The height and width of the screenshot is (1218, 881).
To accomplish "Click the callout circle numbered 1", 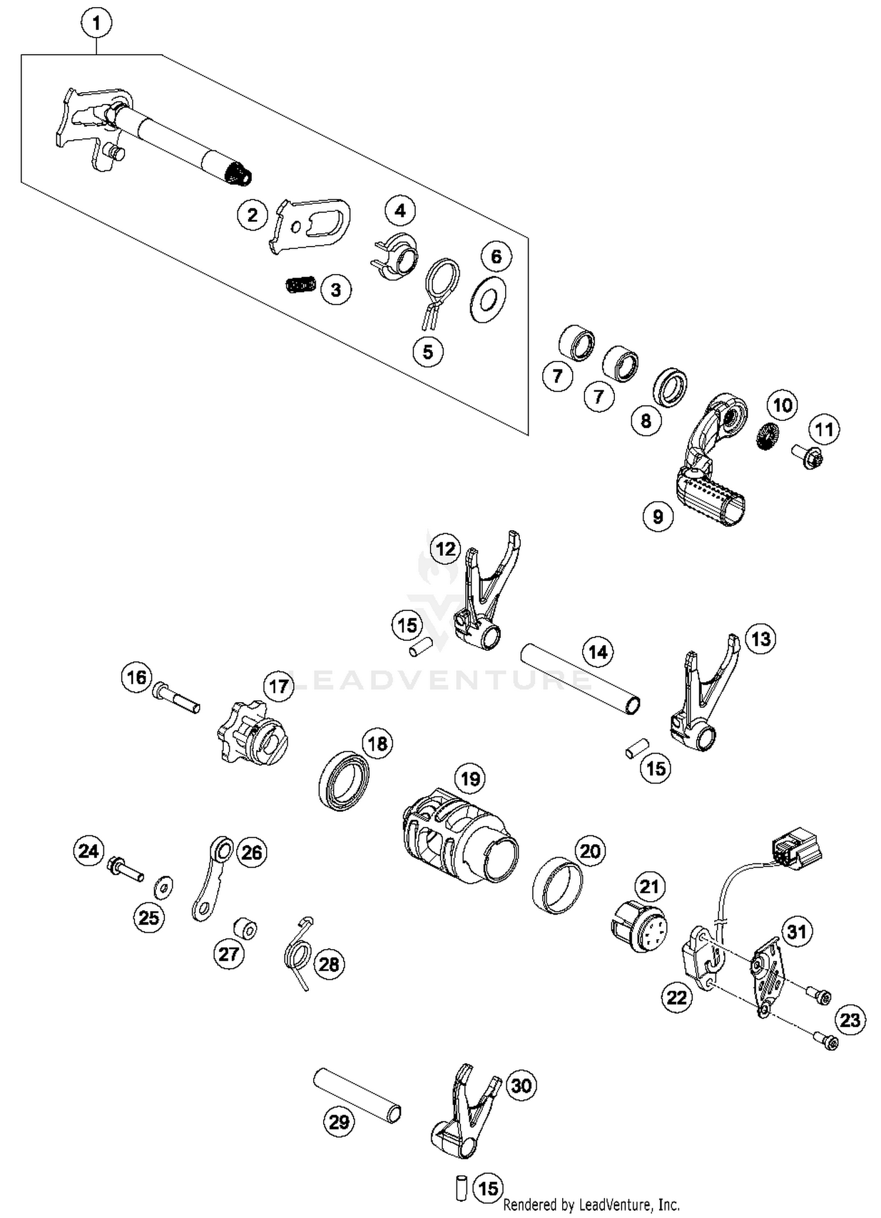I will click(x=96, y=23).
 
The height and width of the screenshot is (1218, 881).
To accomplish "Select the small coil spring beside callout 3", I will click(x=300, y=285).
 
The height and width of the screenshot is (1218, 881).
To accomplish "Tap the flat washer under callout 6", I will click(x=487, y=300).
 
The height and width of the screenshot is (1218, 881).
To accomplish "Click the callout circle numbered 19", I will click(x=470, y=779).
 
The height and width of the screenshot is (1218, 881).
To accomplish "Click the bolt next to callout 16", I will click(x=176, y=698).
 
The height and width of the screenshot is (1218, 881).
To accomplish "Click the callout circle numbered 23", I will click(x=849, y=1020).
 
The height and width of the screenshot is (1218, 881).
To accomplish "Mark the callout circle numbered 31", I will click(x=796, y=931).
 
